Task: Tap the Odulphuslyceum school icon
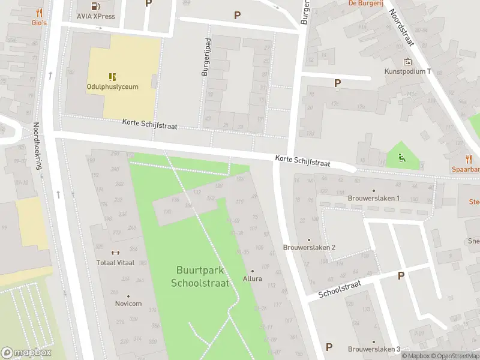(x=112, y=76)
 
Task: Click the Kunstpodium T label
(x=408, y=71)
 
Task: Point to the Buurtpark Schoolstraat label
(x=200, y=277)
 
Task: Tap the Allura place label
(x=252, y=278)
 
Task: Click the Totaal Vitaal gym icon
(x=116, y=253)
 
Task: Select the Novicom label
(x=128, y=304)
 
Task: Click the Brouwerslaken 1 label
(x=373, y=198)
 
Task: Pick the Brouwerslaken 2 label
(x=309, y=247)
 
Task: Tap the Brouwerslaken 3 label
(x=374, y=349)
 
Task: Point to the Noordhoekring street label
(x=37, y=146)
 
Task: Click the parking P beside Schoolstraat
(x=401, y=275)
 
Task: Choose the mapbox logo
(x=26, y=353)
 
